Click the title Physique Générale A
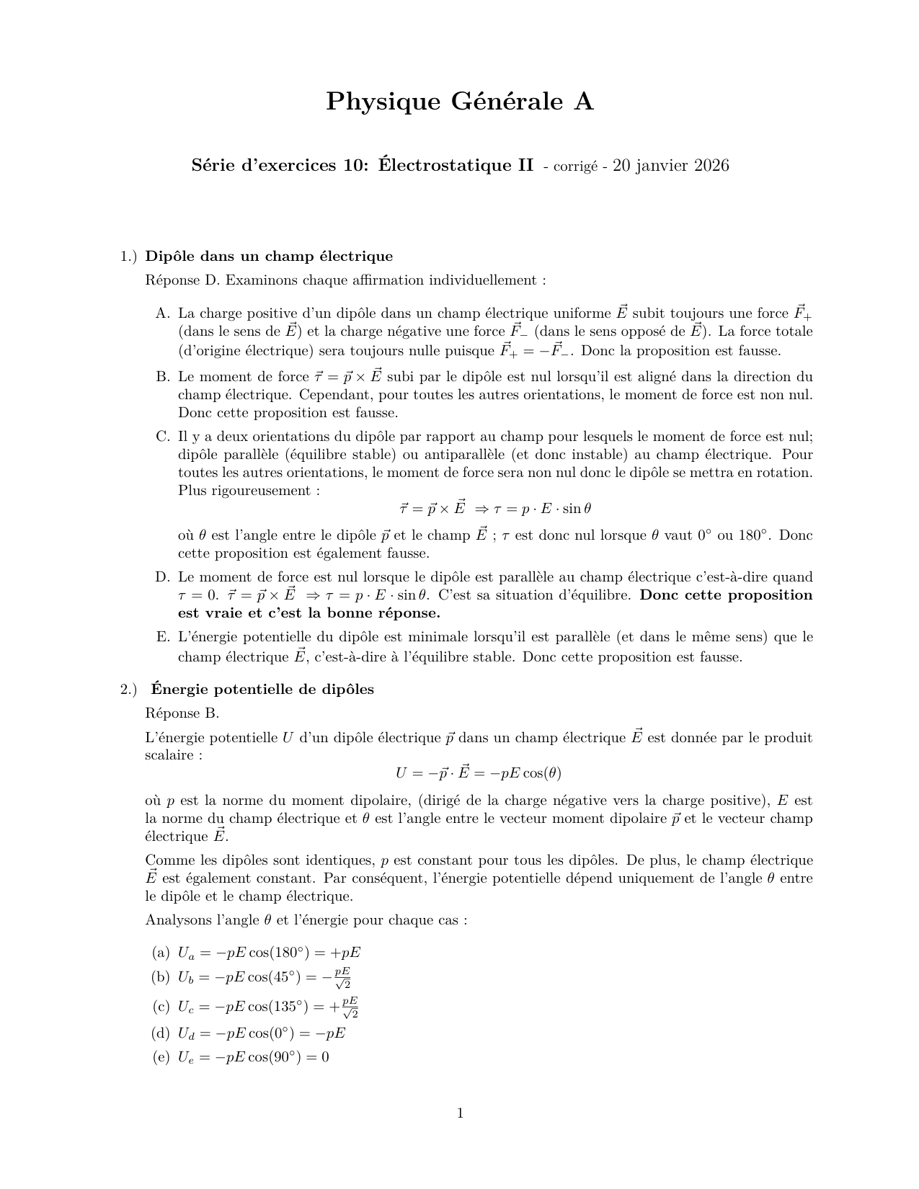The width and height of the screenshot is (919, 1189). point(459,102)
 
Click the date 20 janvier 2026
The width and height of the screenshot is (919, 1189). point(670,166)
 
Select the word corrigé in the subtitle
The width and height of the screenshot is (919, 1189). point(575,166)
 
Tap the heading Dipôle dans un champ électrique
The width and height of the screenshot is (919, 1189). point(269,257)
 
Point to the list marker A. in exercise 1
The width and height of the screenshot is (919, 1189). point(162,313)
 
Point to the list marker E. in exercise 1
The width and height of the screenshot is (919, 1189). point(162,637)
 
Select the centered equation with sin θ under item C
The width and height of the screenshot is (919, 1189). point(496,508)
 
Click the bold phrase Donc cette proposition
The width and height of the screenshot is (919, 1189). point(726,595)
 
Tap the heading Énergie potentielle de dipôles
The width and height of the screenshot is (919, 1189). point(262,690)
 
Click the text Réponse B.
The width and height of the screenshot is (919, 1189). point(182,713)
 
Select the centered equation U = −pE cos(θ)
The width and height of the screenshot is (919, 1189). point(478,773)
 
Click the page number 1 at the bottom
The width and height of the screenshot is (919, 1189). point(460,1113)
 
